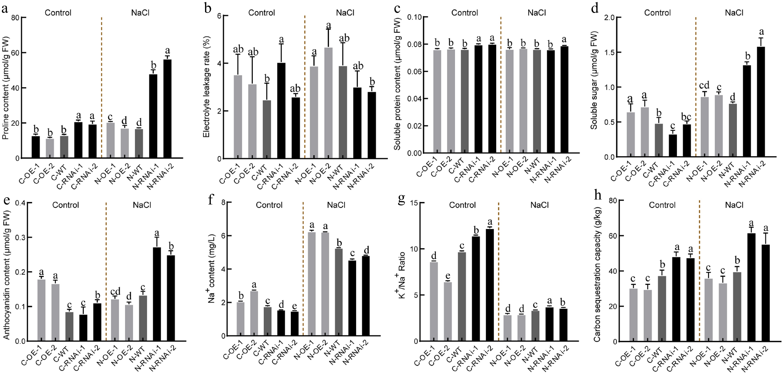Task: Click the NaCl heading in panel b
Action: tap(345, 13)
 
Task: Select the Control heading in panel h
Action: tap(662, 205)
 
